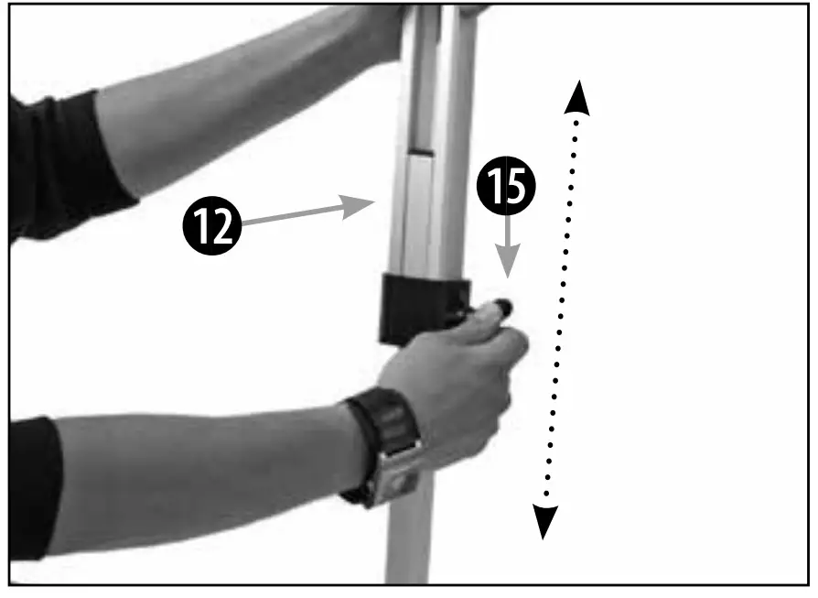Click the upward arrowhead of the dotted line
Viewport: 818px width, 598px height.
[576, 97]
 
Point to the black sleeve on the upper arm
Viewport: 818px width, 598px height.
[64, 165]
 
